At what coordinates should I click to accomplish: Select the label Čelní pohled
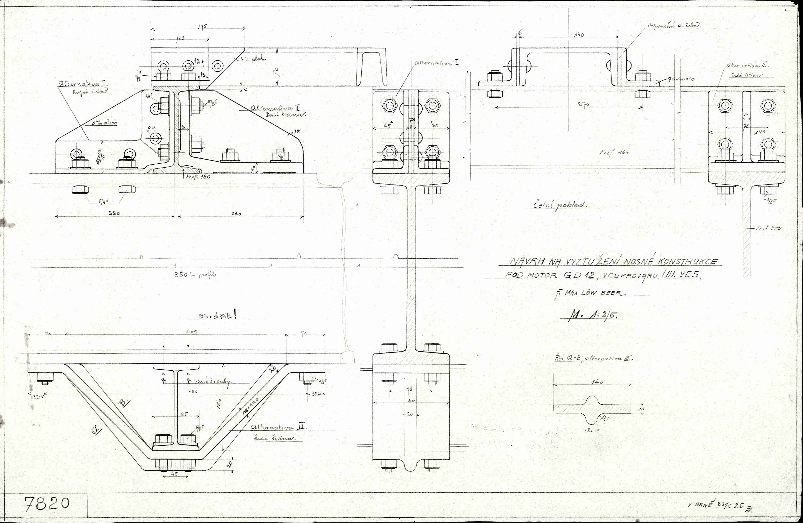pyautogui.click(x=560, y=205)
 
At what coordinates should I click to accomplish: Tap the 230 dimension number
pyautogui.click(x=236, y=214)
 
